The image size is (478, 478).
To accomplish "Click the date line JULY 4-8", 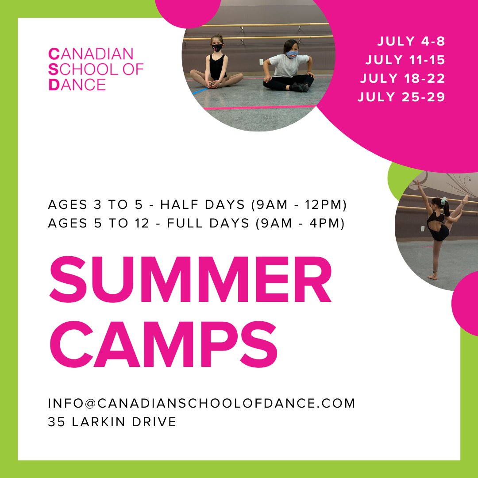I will pyautogui.click(x=411, y=42).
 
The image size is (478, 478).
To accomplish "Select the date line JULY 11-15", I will pyautogui.click(x=405, y=60).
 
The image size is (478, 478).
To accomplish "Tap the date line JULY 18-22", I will pyautogui.click(x=402, y=78).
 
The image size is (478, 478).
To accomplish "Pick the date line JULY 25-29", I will pyautogui.click(x=401, y=97).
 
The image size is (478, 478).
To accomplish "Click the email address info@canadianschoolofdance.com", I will pyautogui.click(x=201, y=403).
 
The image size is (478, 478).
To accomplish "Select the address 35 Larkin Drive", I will pyautogui.click(x=112, y=422).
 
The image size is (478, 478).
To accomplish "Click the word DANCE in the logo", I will pyautogui.click(x=77, y=84).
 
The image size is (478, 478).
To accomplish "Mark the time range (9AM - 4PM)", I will pyautogui.click(x=300, y=224).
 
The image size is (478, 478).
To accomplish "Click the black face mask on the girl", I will pyautogui.click(x=217, y=47).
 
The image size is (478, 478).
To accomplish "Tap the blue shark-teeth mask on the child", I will pyautogui.click(x=292, y=54).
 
